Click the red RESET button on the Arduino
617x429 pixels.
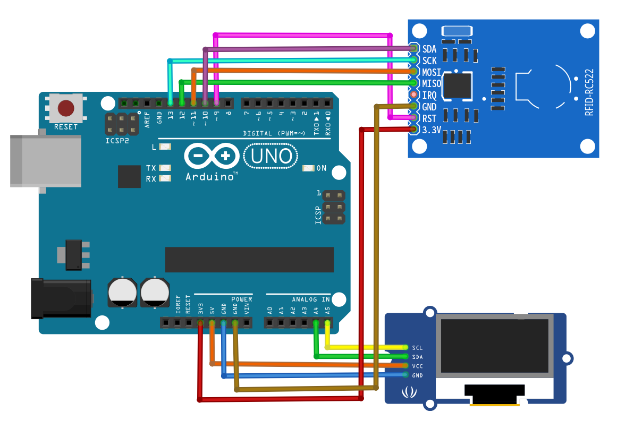(x=66, y=108)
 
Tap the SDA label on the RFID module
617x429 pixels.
(x=429, y=49)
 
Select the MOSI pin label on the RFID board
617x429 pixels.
(x=432, y=72)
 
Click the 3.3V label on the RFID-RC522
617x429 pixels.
(x=432, y=130)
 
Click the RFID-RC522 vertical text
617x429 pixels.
(x=589, y=92)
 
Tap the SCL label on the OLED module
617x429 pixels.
(x=417, y=348)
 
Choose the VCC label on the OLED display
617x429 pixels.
(x=417, y=366)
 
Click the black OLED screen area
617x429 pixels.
(x=494, y=346)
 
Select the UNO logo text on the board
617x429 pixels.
(x=271, y=156)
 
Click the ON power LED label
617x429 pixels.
(x=322, y=168)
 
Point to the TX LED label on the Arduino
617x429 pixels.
(x=151, y=168)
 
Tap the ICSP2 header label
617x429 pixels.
(x=117, y=142)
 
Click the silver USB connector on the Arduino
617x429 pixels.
(x=46, y=160)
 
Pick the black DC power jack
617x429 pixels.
(x=61, y=298)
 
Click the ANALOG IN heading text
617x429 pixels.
(x=311, y=299)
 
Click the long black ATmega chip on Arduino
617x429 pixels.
(x=249, y=260)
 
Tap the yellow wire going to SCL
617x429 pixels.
(x=367, y=347)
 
